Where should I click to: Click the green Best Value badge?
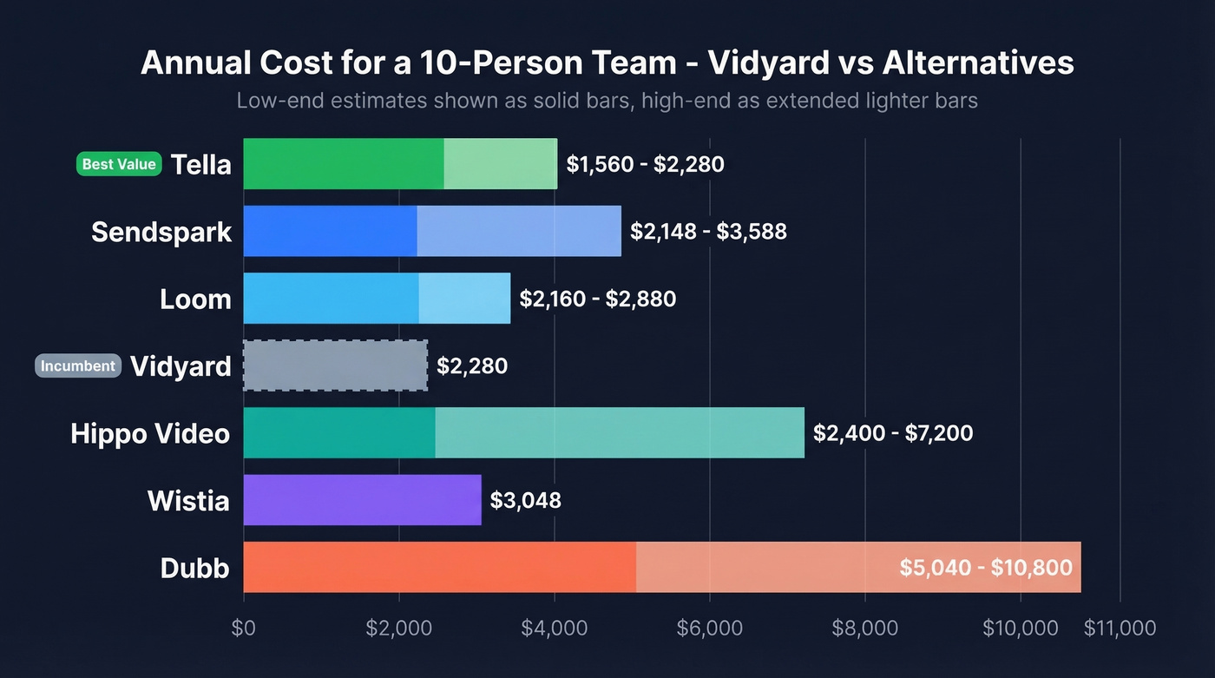pyautogui.click(x=119, y=164)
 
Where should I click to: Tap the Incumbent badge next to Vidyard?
pyautogui.click(x=77, y=365)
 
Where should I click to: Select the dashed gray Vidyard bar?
pyautogui.click(x=335, y=365)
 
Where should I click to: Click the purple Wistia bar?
pyautogui.click(x=362, y=500)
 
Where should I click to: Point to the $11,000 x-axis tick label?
pyautogui.click(x=1120, y=629)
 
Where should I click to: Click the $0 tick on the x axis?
pyautogui.click(x=244, y=629)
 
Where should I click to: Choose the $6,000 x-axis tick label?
pyautogui.click(x=709, y=629)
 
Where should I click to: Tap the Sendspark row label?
pyautogui.click(x=161, y=232)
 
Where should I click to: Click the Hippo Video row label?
pyautogui.click(x=150, y=433)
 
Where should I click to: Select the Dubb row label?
pyautogui.click(x=195, y=568)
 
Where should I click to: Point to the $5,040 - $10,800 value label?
pyautogui.click(x=985, y=568)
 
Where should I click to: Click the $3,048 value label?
pyautogui.click(x=525, y=500)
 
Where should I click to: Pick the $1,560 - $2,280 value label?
pyautogui.click(x=645, y=164)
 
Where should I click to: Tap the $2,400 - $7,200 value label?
pyautogui.click(x=892, y=433)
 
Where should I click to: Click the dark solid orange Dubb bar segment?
pyautogui.click(x=439, y=568)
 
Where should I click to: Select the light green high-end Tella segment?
pyautogui.click(x=501, y=164)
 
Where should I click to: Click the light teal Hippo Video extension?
pyautogui.click(x=620, y=433)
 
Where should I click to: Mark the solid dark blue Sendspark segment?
pyautogui.click(x=330, y=232)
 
